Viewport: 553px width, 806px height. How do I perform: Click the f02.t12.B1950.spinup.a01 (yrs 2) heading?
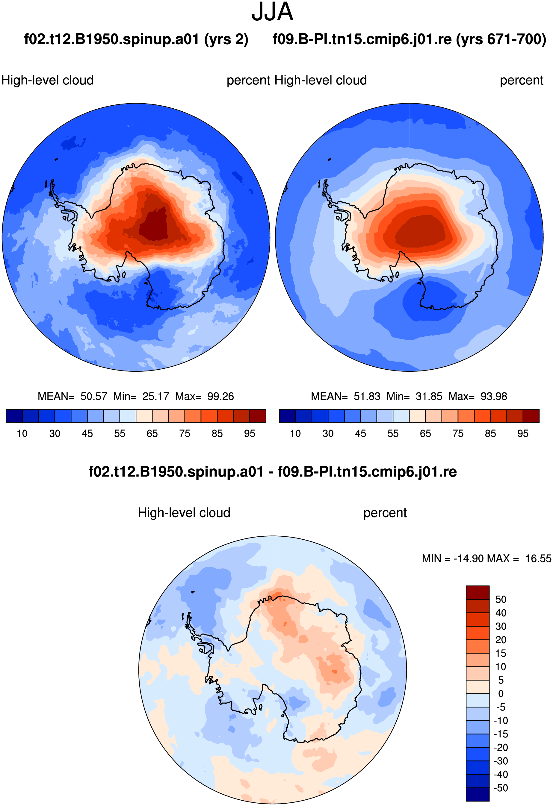pos(136,40)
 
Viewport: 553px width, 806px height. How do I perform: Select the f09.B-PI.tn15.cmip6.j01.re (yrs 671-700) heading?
pos(410,40)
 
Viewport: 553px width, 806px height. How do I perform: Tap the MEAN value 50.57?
pos(94,396)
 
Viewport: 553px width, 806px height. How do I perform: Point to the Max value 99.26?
pos(220,396)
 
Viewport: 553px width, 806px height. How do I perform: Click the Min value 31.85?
pos(429,396)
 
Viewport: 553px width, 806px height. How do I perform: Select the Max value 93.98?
pos(494,396)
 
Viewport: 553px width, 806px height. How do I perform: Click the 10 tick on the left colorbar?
pos(22,433)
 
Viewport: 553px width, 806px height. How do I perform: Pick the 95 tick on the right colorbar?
pos(523,433)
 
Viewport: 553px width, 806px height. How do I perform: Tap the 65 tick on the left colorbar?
pos(152,433)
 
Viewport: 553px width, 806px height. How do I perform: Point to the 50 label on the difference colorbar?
pos(501,599)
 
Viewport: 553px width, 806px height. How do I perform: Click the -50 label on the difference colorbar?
pos(501,788)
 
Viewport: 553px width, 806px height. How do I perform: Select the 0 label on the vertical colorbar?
pos(501,694)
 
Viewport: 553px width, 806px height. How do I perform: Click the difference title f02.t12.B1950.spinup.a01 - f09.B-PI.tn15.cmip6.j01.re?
pos(273,472)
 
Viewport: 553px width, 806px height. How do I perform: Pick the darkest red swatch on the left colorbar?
pos(258,416)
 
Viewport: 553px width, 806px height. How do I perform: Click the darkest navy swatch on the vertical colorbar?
pos(478,795)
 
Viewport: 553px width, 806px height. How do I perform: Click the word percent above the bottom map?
pos(385,513)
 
